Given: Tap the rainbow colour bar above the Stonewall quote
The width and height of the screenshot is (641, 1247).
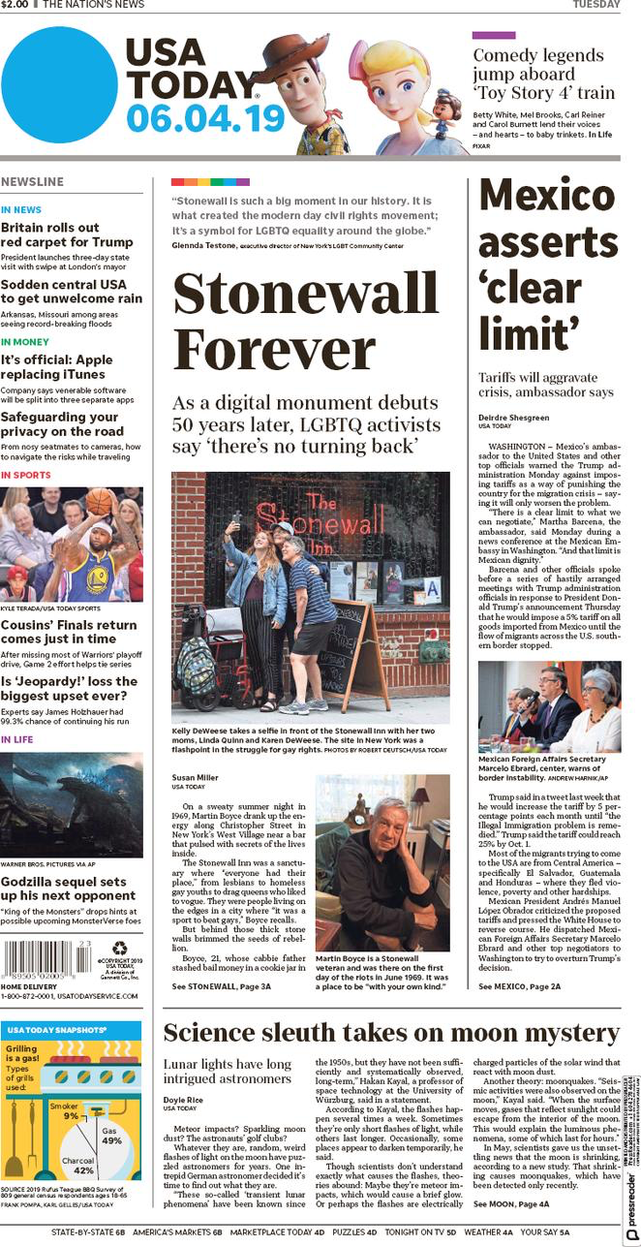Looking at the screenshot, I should (x=210, y=181).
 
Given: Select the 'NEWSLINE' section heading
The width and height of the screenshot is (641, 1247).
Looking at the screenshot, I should (x=33, y=182).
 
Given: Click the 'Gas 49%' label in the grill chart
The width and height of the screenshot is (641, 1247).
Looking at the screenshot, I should (x=111, y=1135).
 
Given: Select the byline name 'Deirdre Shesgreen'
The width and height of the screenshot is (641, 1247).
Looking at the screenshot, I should (x=513, y=418).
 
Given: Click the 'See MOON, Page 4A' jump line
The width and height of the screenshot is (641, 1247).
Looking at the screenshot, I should (x=511, y=1203).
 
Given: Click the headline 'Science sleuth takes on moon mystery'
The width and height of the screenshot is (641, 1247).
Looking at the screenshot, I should (x=390, y=1032).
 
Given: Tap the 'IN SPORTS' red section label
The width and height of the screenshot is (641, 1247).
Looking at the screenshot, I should (x=26, y=475).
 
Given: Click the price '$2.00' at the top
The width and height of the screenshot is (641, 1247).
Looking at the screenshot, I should (x=15, y=5).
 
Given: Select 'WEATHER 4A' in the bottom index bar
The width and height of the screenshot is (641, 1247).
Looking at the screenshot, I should (x=488, y=1232).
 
